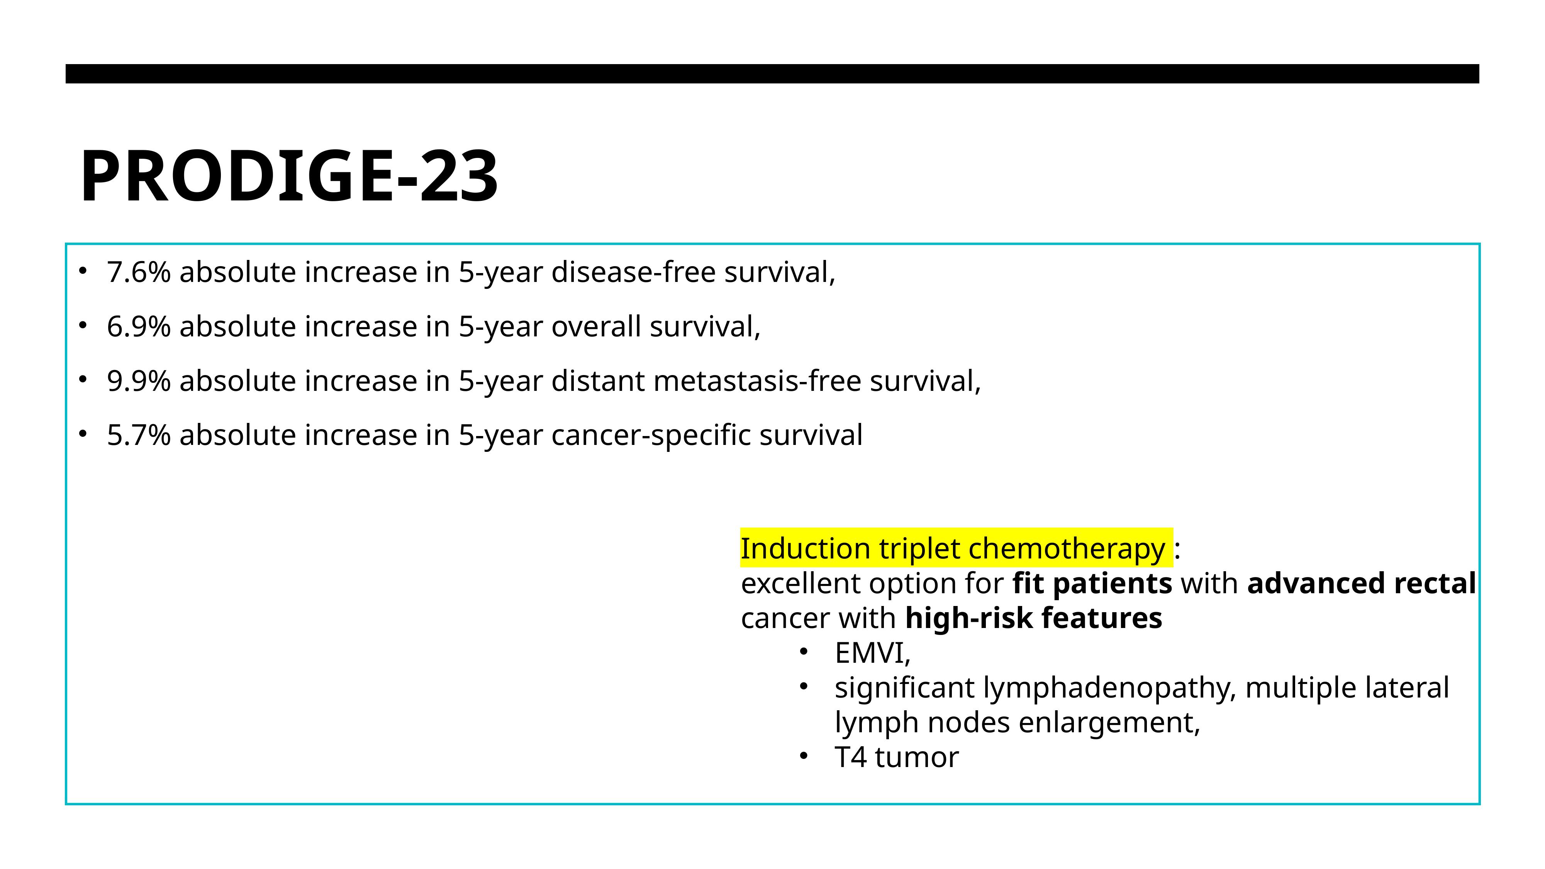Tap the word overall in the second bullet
point(596,327)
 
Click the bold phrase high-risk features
point(1033,618)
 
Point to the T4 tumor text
point(897,757)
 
